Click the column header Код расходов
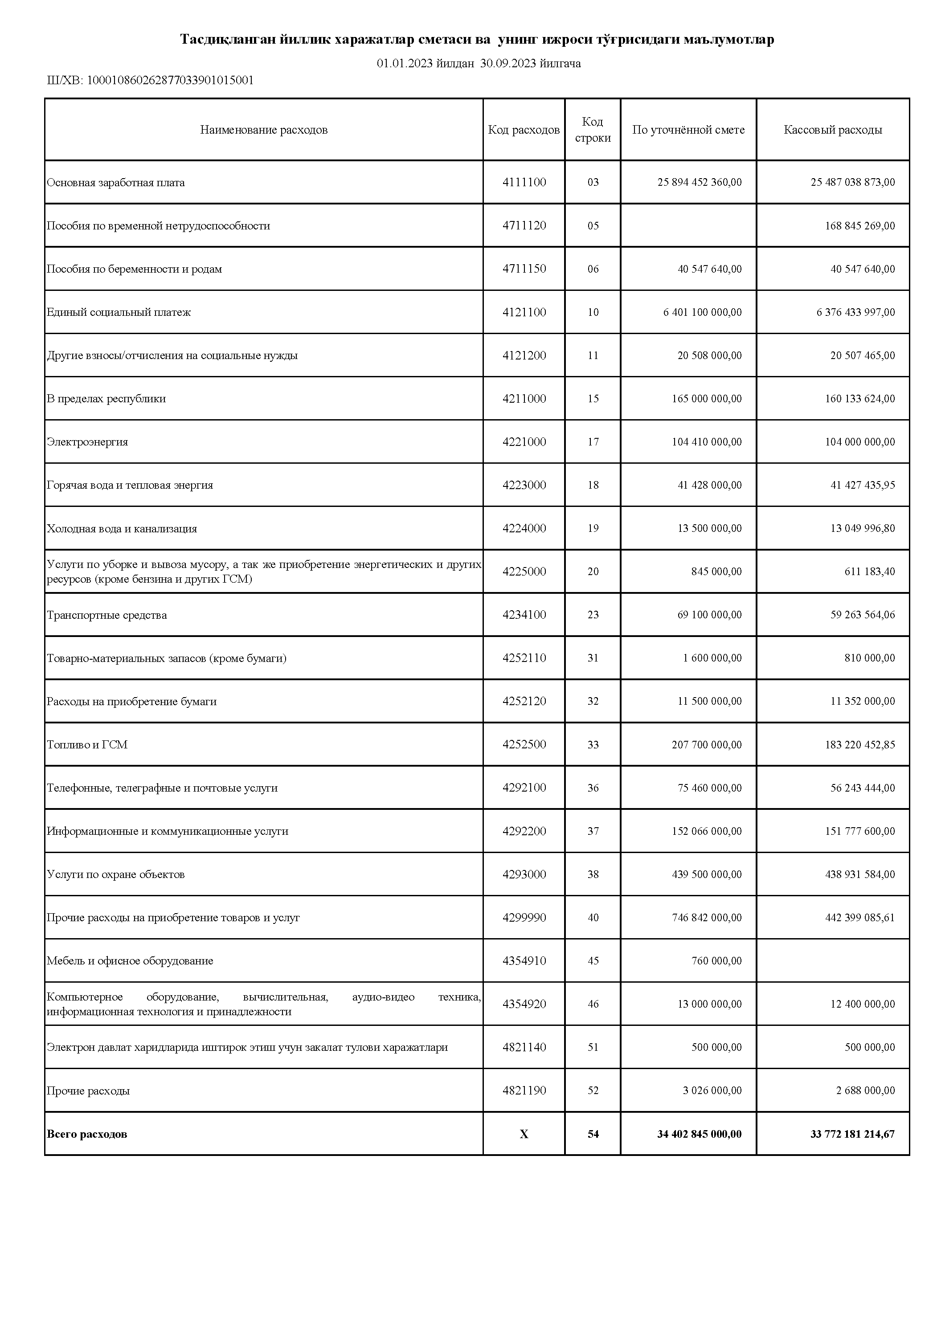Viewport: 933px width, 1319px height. (524, 130)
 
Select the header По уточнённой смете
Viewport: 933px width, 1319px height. (688, 130)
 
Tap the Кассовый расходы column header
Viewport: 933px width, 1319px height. (832, 130)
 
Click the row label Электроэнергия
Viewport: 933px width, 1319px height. (87, 442)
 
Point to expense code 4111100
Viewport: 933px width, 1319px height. (524, 182)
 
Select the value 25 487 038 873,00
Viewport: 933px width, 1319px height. (852, 182)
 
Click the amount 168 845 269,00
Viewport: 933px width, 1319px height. (859, 226)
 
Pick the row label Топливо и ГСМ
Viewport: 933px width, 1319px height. (87, 744)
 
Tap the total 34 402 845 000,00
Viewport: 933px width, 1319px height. (699, 1134)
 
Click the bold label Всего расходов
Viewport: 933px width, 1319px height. (87, 1134)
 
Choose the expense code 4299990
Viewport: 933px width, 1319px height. (524, 918)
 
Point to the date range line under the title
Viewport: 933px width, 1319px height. (478, 63)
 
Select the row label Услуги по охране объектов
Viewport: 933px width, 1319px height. (115, 874)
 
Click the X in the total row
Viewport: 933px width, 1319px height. (524, 1134)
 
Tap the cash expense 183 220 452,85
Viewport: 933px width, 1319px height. (859, 744)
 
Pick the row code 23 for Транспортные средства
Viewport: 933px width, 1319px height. (593, 615)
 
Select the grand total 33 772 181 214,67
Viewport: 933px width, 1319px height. (852, 1134)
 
